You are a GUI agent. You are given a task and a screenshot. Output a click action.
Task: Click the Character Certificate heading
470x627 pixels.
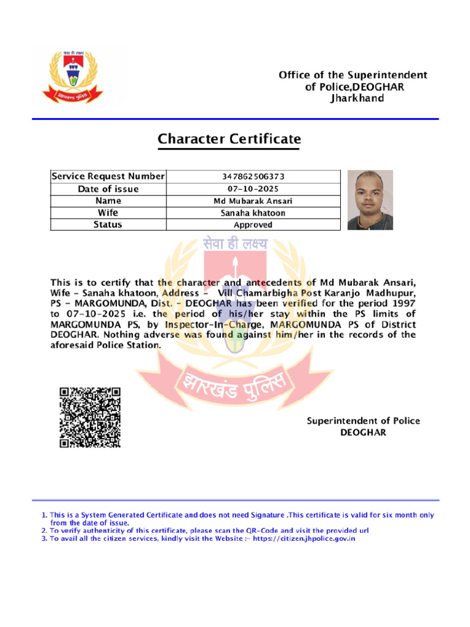coord(229,140)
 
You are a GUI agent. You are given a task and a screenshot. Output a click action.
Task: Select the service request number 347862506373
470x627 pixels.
coord(253,176)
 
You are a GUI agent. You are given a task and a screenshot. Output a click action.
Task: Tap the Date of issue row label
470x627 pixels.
coord(108,189)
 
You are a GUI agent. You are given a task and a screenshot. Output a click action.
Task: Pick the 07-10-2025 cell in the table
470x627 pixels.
coord(253,189)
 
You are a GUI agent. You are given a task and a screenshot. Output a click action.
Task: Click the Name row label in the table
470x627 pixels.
coord(108,201)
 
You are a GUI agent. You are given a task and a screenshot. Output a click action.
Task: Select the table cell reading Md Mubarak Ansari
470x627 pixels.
coord(253,201)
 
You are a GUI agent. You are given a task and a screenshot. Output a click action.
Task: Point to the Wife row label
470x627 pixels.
coord(108,212)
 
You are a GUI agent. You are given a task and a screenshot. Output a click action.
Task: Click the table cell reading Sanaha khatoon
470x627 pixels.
coord(253,213)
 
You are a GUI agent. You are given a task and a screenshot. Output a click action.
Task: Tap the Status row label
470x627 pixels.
coord(108,225)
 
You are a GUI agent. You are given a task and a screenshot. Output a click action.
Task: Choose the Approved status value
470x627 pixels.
coord(253,225)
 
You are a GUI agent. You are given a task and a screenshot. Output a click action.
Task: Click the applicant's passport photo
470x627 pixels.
coord(370,200)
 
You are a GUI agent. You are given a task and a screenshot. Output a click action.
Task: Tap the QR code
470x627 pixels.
coord(89,417)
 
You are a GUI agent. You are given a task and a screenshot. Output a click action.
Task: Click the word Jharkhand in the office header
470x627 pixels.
coord(354,98)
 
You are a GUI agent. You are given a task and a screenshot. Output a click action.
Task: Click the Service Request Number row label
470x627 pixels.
coord(108,176)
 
